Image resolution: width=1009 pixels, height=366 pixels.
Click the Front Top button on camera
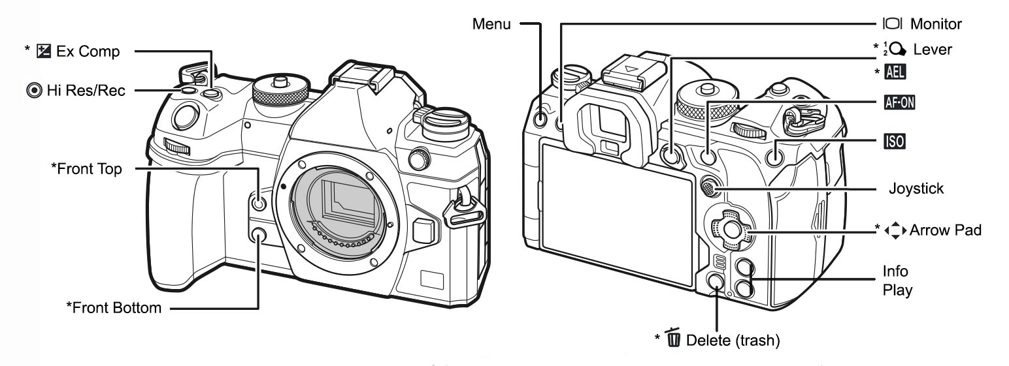(259, 204)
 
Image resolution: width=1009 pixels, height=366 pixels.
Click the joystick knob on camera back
(707, 188)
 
